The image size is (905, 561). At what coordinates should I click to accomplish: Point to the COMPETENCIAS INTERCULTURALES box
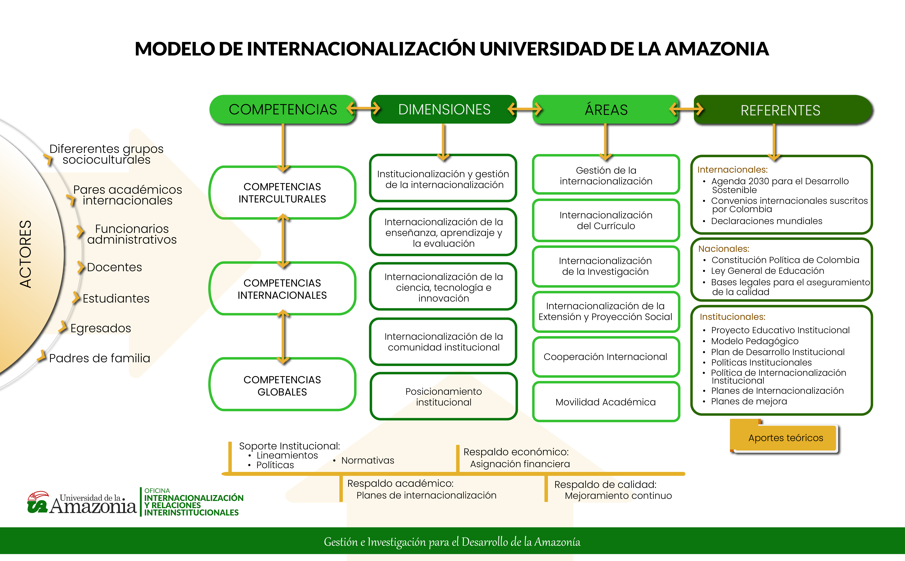pyautogui.click(x=282, y=193)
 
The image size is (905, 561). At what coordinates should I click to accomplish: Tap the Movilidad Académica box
pyautogui.click(x=606, y=402)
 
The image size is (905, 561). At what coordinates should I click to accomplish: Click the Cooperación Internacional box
pyautogui.click(x=606, y=357)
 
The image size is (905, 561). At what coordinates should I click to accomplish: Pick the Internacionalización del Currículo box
pyautogui.click(x=606, y=220)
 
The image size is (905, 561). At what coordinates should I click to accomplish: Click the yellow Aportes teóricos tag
pyautogui.click(x=785, y=438)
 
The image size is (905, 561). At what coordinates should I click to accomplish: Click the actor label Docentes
pyautogui.click(x=114, y=267)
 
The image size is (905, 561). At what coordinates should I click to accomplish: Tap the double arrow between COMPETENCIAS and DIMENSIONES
pyautogui.click(x=363, y=109)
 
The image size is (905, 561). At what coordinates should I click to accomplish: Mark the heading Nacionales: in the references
pyautogui.click(x=724, y=249)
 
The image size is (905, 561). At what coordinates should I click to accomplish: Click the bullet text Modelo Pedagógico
pyautogui.click(x=754, y=341)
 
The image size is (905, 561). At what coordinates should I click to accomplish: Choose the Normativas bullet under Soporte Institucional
pyautogui.click(x=367, y=460)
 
